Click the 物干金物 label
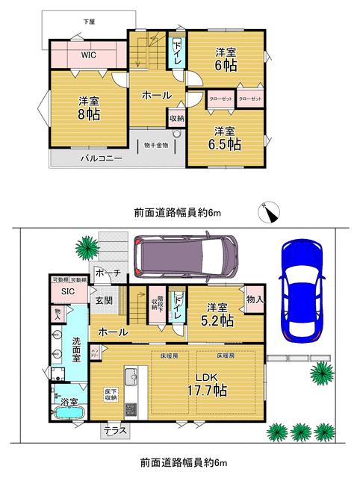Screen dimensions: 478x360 pos(156,145)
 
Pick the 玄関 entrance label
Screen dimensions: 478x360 pos(104,300)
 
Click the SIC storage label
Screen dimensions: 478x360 pos(68,291)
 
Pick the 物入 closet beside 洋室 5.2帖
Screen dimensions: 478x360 pos(255,299)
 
